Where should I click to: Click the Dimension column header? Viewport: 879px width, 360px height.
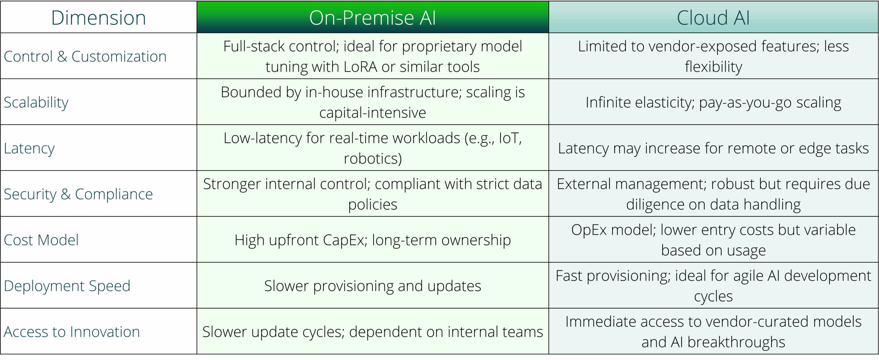click(x=99, y=18)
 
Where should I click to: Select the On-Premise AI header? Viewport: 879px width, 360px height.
click(x=373, y=18)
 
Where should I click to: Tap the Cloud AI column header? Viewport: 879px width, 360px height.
click(x=713, y=18)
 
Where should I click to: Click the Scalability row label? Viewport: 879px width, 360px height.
click(x=36, y=102)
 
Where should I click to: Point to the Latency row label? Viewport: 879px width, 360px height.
click(x=29, y=148)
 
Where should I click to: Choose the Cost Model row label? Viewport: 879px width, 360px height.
click(x=41, y=240)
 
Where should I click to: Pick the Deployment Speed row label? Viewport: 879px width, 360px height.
click(x=67, y=286)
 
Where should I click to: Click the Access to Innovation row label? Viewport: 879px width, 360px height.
click(x=72, y=332)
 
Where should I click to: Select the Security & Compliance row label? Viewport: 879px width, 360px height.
click(x=78, y=194)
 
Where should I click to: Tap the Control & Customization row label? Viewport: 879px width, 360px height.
click(x=85, y=56)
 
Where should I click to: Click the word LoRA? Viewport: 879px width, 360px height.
click(x=360, y=67)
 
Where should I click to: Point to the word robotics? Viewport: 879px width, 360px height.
click(x=373, y=159)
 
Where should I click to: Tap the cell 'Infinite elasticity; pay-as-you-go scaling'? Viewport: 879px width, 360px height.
click(x=714, y=102)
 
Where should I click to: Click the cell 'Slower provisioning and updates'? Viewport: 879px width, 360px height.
click(x=373, y=286)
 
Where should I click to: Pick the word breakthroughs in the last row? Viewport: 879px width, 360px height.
click(x=736, y=342)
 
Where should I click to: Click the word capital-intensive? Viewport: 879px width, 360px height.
click(x=373, y=113)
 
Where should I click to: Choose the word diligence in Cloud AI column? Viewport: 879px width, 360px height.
click(x=655, y=205)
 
